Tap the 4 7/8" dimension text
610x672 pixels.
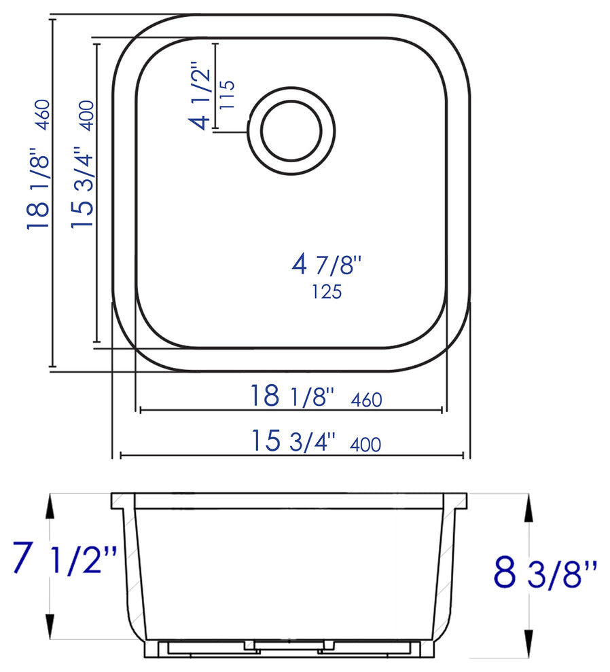pos(324,264)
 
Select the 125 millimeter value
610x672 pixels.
pos(326,292)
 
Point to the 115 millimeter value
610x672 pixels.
pos(227,96)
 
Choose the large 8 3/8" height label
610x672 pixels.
pos(545,574)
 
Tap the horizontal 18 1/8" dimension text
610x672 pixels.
pos(293,396)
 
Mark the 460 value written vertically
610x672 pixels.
pos(42,115)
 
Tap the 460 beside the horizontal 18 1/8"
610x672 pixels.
pos(366,400)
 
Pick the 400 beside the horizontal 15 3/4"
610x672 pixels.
pos(365,445)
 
